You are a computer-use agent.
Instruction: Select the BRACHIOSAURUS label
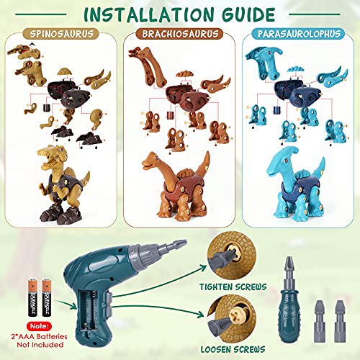tap(180, 34)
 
